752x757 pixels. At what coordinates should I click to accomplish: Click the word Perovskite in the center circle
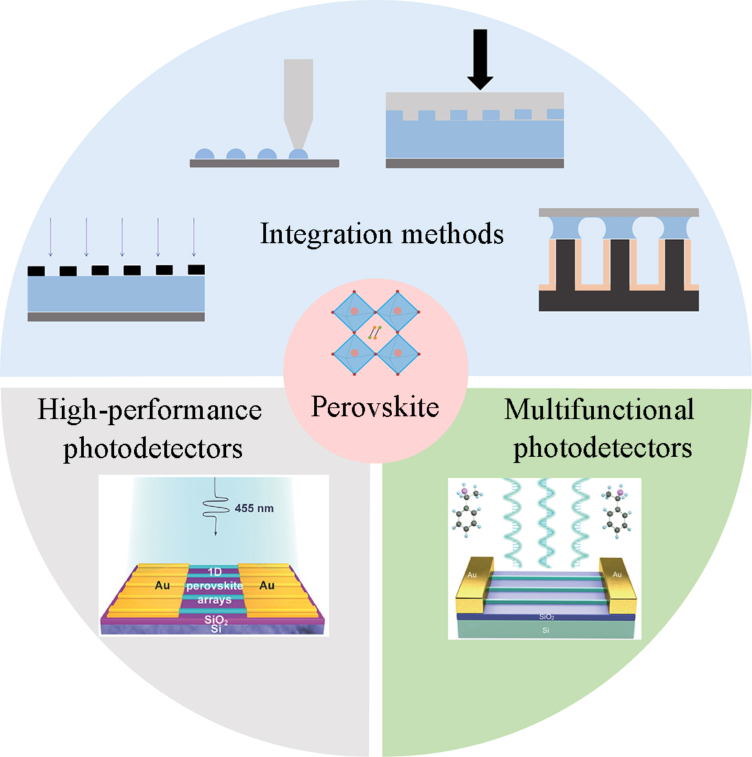coord(375,407)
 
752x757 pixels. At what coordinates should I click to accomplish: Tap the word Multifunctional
coord(599,410)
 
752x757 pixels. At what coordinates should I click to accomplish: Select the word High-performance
coord(149,410)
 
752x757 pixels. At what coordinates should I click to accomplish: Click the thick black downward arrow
coord(480,59)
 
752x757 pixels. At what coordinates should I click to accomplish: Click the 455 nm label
coord(254,508)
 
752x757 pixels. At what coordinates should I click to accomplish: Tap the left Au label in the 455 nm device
coord(162,585)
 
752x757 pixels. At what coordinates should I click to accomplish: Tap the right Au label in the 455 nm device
coord(267,585)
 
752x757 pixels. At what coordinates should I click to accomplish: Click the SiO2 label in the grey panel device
coord(216,620)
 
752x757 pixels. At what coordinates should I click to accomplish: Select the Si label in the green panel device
coord(546,630)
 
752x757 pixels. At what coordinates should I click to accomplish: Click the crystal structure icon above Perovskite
coord(375,332)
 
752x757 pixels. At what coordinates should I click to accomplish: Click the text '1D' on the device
coord(214,572)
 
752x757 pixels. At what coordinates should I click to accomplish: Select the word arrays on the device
coord(214,600)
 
